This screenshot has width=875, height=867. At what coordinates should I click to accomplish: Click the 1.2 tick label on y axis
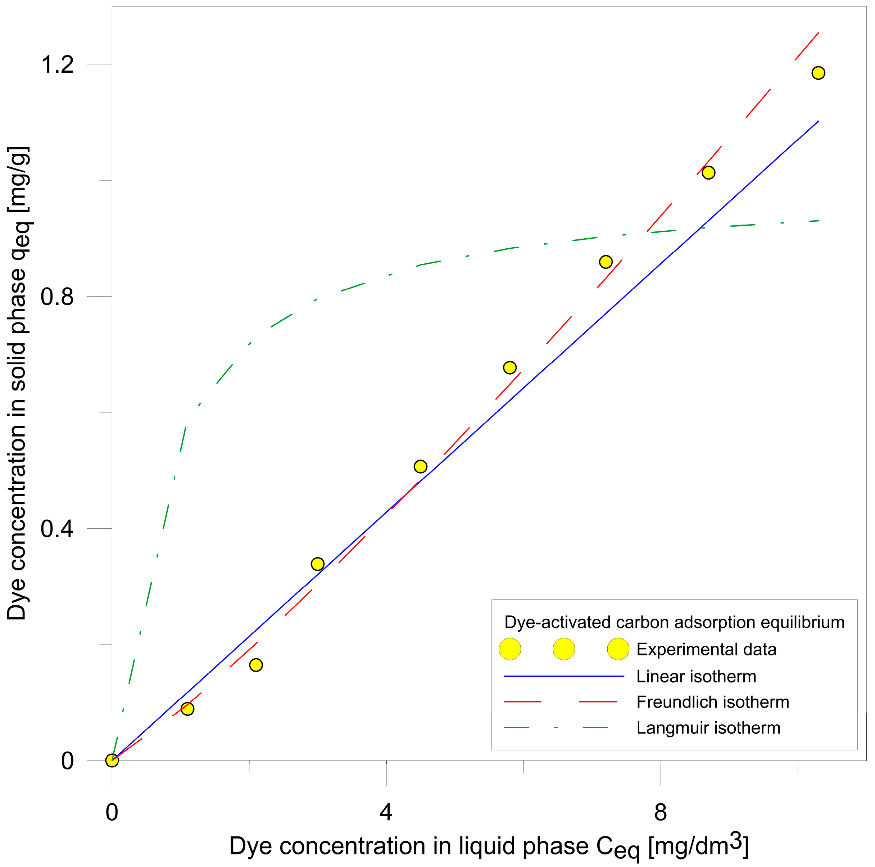click(x=57, y=64)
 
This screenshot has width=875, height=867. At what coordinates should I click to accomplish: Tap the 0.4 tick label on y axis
click(x=57, y=529)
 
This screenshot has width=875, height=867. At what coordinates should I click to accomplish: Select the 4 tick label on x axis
click(x=385, y=812)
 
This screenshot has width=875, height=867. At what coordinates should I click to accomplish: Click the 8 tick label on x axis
click(x=660, y=812)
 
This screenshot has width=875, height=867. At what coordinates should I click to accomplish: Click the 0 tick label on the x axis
click(x=112, y=812)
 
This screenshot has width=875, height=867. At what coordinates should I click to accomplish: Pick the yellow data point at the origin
click(x=112, y=760)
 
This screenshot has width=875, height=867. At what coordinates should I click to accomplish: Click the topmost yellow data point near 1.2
click(x=818, y=73)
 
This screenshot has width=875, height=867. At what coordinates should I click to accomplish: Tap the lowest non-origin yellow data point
click(x=187, y=708)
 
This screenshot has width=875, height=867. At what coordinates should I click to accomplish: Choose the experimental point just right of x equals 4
click(x=420, y=466)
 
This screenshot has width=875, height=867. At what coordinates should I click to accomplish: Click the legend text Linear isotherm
click(x=696, y=677)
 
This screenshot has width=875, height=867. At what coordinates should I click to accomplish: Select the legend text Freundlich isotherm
click(x=712, y=702)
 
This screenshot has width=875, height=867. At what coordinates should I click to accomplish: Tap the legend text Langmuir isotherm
click(x=708, y=728)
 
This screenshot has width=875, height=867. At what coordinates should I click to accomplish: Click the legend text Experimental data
click(x=706, y=650)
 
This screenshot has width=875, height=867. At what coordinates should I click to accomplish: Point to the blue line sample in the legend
click(x=564, y=676)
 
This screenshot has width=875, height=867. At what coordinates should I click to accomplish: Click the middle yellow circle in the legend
click(x=564, y=650)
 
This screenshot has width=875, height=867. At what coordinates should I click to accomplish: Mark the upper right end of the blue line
click(x=818, y=121)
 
